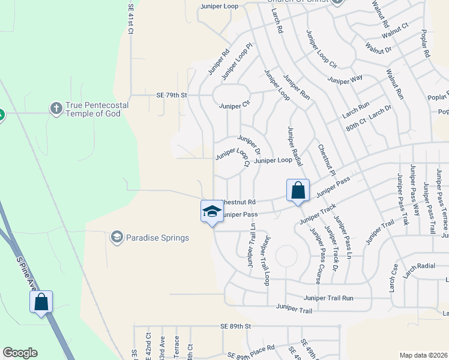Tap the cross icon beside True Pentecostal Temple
(x=56, y=109)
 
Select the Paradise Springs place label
(x=157, y=238)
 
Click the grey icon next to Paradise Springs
(x=116, y=238)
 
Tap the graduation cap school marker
(x=211, y=212)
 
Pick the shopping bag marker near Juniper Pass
(x=298, y=191)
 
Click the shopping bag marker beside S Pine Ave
(x=41, y=302)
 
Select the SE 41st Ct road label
(x=130, y=20)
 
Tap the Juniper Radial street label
(x=295, y=146)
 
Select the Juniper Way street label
(x=345, y=79)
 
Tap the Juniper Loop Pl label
(x=238, y=61)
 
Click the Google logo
(x=20, y=353)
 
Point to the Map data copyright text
(x=423, y=355)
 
